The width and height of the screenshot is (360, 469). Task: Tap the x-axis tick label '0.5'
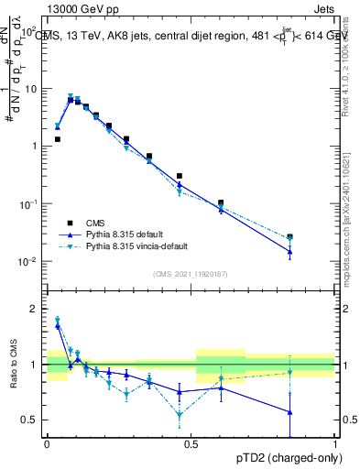[x=191, y=443]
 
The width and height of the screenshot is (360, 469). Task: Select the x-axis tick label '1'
[x=335, y=443]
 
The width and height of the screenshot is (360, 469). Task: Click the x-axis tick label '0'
[x=47, y=443]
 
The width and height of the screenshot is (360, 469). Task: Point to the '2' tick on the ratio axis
[x=35, y=309]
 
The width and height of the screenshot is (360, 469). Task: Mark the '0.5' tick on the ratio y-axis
[x=31, y=420]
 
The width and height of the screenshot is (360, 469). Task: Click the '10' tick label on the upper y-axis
[x=30, y=89]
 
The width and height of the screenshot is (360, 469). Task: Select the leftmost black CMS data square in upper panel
[x=58, y=139]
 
